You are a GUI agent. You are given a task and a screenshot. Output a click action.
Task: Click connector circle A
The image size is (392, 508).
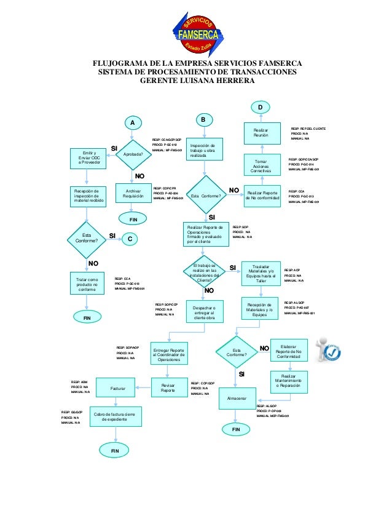130,123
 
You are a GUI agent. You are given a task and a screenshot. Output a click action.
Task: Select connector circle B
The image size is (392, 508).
204,118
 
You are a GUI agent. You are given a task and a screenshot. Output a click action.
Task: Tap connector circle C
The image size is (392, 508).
130,237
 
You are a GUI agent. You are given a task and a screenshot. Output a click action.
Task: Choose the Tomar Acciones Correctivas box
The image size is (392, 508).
261,164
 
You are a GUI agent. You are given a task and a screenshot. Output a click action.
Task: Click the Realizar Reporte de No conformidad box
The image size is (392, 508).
262,195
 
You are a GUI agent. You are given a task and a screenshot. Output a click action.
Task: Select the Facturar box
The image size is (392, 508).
118,389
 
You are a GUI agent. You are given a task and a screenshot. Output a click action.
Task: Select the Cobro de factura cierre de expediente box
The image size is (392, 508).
116,417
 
